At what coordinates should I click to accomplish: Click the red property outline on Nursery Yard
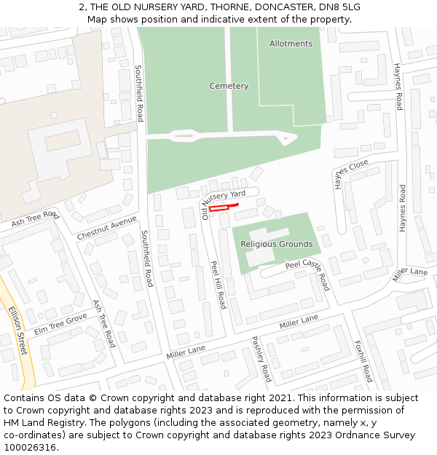[219, 208]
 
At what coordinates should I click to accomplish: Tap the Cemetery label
[229, 86]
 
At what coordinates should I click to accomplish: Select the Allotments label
[291, 44]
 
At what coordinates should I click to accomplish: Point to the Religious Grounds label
[276, 244]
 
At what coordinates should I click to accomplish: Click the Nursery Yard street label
[230, 195]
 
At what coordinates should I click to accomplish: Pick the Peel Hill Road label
[218, 285]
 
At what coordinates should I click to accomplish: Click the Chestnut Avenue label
[107, 228]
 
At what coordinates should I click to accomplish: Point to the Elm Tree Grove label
[60, 324]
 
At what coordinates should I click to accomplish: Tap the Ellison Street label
[17, 331]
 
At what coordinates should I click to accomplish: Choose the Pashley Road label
[261, 359]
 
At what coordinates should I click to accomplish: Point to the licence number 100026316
[29, 448]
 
